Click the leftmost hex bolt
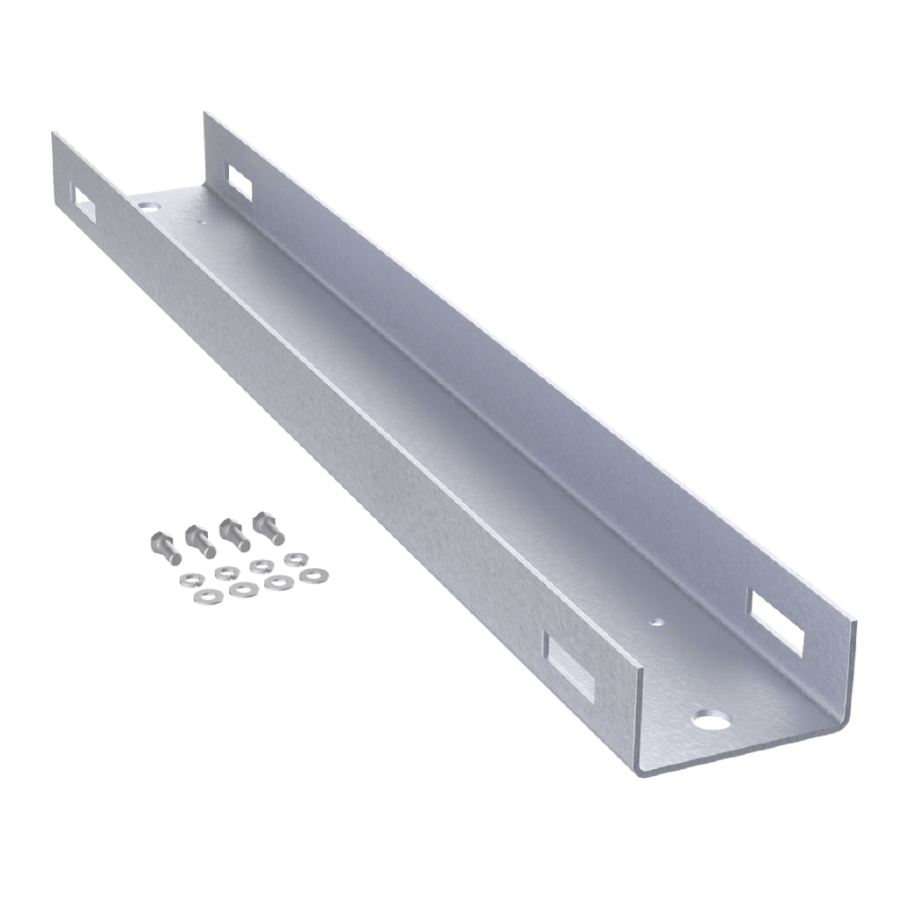[x=165, y=548]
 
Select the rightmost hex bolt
[x=268, y=528]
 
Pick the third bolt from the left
[x=233, y=533]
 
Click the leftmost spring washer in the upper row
[x=222, y=573]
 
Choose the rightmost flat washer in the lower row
[x=313, y=574]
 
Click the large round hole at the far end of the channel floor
[x=148, y=204]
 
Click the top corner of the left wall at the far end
[x=53, y=132]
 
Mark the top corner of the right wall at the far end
[x=206, y=112]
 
